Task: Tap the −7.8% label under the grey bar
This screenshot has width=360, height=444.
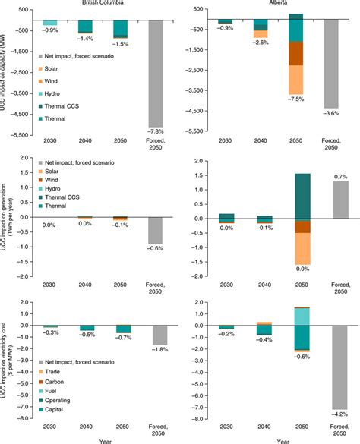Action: click(163, 131)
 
